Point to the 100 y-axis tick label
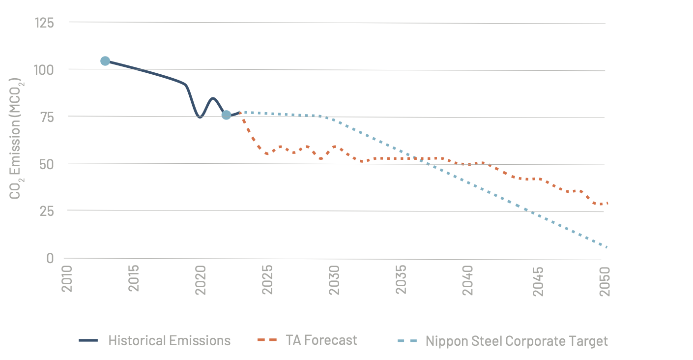click(44, 70)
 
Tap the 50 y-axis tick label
click(47, 164)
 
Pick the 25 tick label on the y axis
click(47, 211)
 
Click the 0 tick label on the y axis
click(51, 258)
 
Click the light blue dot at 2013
click(105, 61)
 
